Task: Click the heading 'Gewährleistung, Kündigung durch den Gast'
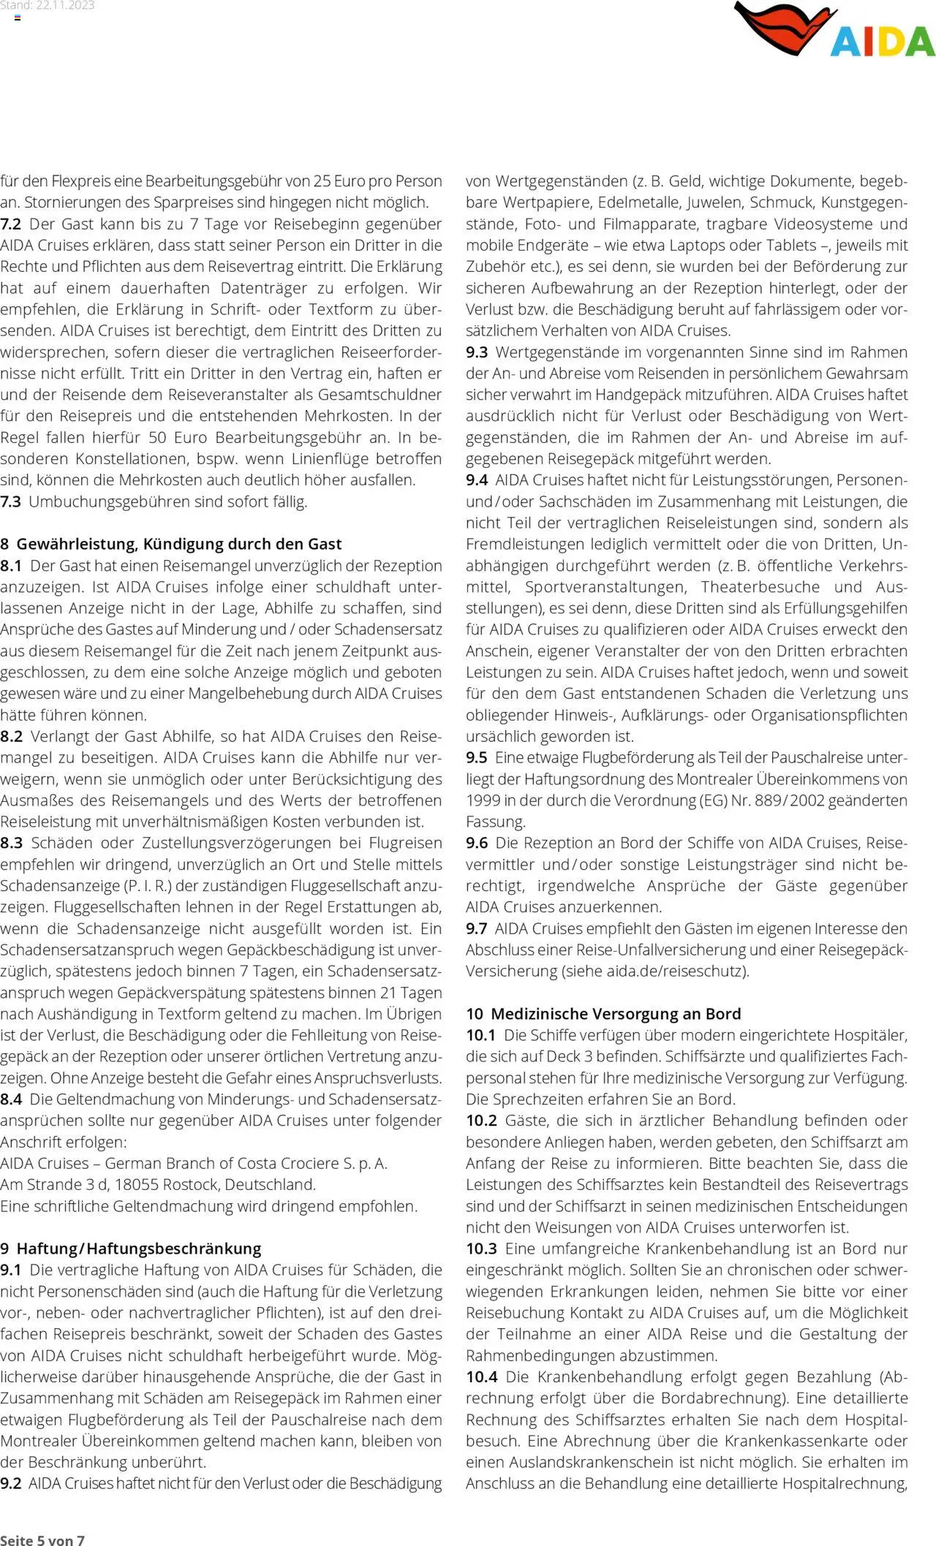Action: (x=179, y=544)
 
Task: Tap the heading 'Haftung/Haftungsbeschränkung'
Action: (x=139, y=1248)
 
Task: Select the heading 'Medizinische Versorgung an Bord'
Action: (x=616, y=1014)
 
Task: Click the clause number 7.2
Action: (x=11, y=224)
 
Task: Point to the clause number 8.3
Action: (x=12, y=843)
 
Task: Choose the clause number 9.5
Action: (x=477, y=757)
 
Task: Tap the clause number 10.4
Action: (x=482, y=1376)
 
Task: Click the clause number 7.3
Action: (x=11, y=501)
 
